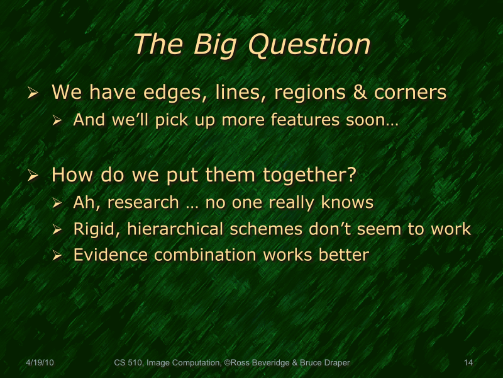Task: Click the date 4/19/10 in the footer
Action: coord(40,362)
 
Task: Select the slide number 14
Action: coord(468,362)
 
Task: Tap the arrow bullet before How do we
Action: coord(34,175)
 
